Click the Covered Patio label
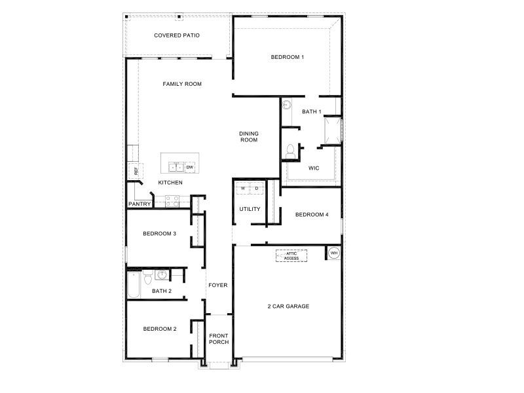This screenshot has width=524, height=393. pyautogui.click(x=177, y=35)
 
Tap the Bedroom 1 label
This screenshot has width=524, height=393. pyautogui.click(x=288, y=58)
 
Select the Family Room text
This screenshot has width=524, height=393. pyautogui.click(x=182, y=84)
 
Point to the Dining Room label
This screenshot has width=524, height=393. pyautogui.click(x=248, y=136)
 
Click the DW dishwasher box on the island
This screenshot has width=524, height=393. pyautogui.click(x=190, y=168)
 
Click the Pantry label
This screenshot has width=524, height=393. pyautogui.click(x=140, y=204)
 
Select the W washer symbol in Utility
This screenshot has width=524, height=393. pyautogui.click(x=243, y=189)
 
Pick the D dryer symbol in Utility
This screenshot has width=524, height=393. pyautogui.click(x=257, y=189)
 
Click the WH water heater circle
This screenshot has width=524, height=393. pyautogui.click(x=333, y=253)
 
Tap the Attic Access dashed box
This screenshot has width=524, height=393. pyautogui.click(x=291, y=256)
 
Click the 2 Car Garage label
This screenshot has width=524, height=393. pyautogui.click(x=288, y=306)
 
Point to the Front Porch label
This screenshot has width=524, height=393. pyautogui.click(x=219, y=339)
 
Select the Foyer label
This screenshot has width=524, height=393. pyautogui.click(x=217, y=286)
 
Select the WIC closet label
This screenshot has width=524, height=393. pyautogui.click(x=314, y=168)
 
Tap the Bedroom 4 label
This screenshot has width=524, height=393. pyautogui.click(x=312, y=215)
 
